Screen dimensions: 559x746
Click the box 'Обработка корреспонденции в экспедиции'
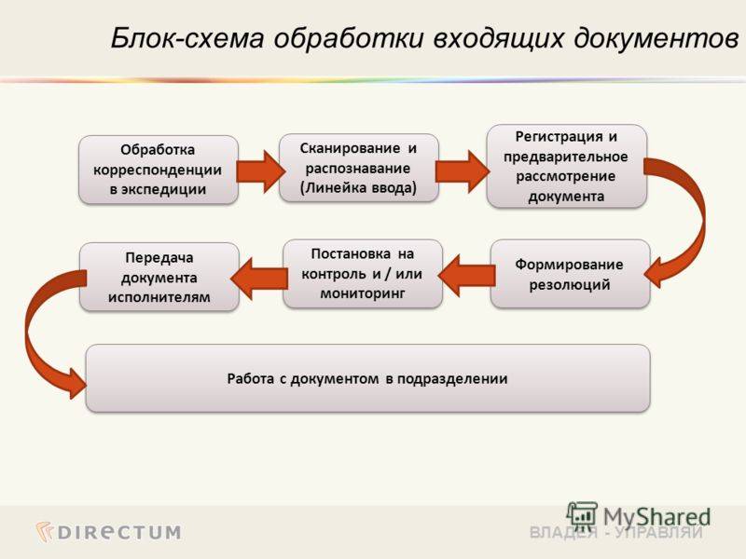click(x=158, y=170)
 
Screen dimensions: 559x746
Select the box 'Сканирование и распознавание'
click(x=359, y=168)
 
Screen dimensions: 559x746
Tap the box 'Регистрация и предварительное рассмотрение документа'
click(x=566, y=166)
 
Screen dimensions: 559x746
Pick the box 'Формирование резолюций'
click(x=570, y=274)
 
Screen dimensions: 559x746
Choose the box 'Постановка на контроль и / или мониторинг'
click(x=363, y=274)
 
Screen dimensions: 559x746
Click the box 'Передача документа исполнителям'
click(x=159, y=276)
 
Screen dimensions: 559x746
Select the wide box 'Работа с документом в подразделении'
click(x=367, y=378)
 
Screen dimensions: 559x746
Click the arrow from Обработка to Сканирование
click(x=259, y=170)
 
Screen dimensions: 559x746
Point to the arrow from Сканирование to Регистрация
click(x=462, y=169)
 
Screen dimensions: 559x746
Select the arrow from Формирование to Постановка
click(x=467, y=273)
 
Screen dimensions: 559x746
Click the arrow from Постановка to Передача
click(x=260, y=274)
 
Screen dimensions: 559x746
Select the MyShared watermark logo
click(x=639, y=515)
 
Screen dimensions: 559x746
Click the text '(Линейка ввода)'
click(x=359, y=187)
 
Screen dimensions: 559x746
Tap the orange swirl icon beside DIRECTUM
click(x=45, y=531)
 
